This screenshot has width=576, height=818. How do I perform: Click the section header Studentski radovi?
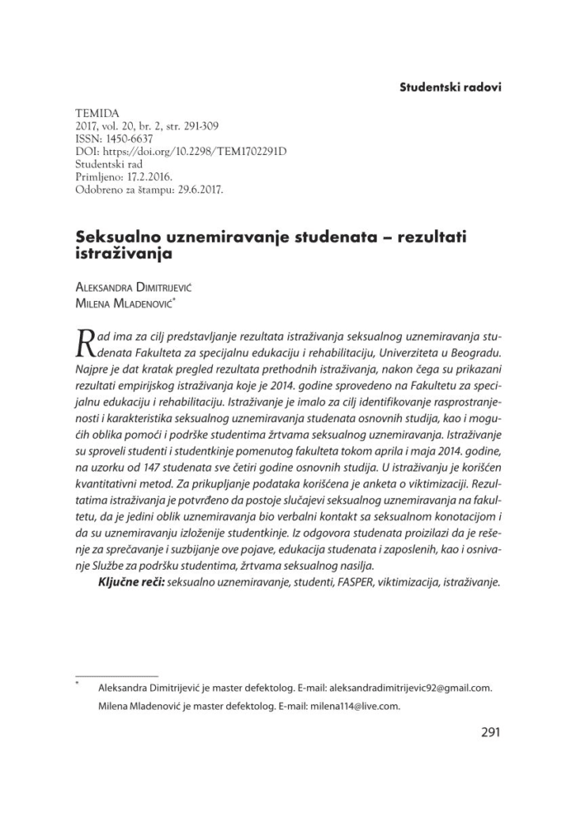click(450, 87)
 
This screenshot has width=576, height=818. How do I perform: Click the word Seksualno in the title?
click(112, 236)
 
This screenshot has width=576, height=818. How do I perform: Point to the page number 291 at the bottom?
click(490, 732)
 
